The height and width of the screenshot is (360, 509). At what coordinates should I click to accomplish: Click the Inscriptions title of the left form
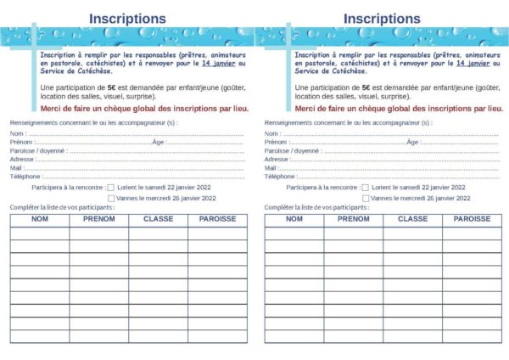click(x=127, y=18)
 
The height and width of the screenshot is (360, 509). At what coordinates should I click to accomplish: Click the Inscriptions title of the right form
click(x=382, y=18)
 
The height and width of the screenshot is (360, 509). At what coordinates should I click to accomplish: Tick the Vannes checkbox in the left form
click(x=111, y=198)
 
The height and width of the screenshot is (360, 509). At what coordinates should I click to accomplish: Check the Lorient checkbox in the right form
click(x=366, y=187)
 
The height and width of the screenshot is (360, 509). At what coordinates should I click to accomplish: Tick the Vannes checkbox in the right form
click(x=366, y=198)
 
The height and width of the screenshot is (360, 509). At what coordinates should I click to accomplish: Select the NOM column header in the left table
click(x=39, y=219)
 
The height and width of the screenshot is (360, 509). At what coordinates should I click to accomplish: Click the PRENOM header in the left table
click(x=98, y=219)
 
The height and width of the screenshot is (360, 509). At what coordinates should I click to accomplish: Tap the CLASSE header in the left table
click(x=158, y=219)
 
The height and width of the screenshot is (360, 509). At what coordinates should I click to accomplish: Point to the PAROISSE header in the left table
click(x=217, y=219)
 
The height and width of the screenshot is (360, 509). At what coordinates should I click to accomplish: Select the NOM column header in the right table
click(x=294, y=219)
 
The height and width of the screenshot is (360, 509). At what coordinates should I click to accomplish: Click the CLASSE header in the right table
click(x=412, y=219)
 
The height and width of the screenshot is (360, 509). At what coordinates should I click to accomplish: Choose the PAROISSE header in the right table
click(x=472, y=219)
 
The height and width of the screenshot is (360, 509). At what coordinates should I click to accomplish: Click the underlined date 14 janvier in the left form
click(x=218, y=63)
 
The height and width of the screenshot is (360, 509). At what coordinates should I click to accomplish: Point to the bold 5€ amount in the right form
click(x=366, y=87)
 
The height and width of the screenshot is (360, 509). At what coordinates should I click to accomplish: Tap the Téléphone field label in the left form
click(x=25, y=177)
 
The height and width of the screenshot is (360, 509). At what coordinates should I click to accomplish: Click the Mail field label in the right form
click(x=271, y=168)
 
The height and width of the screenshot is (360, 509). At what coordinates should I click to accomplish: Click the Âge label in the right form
click(x=412, y=142)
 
